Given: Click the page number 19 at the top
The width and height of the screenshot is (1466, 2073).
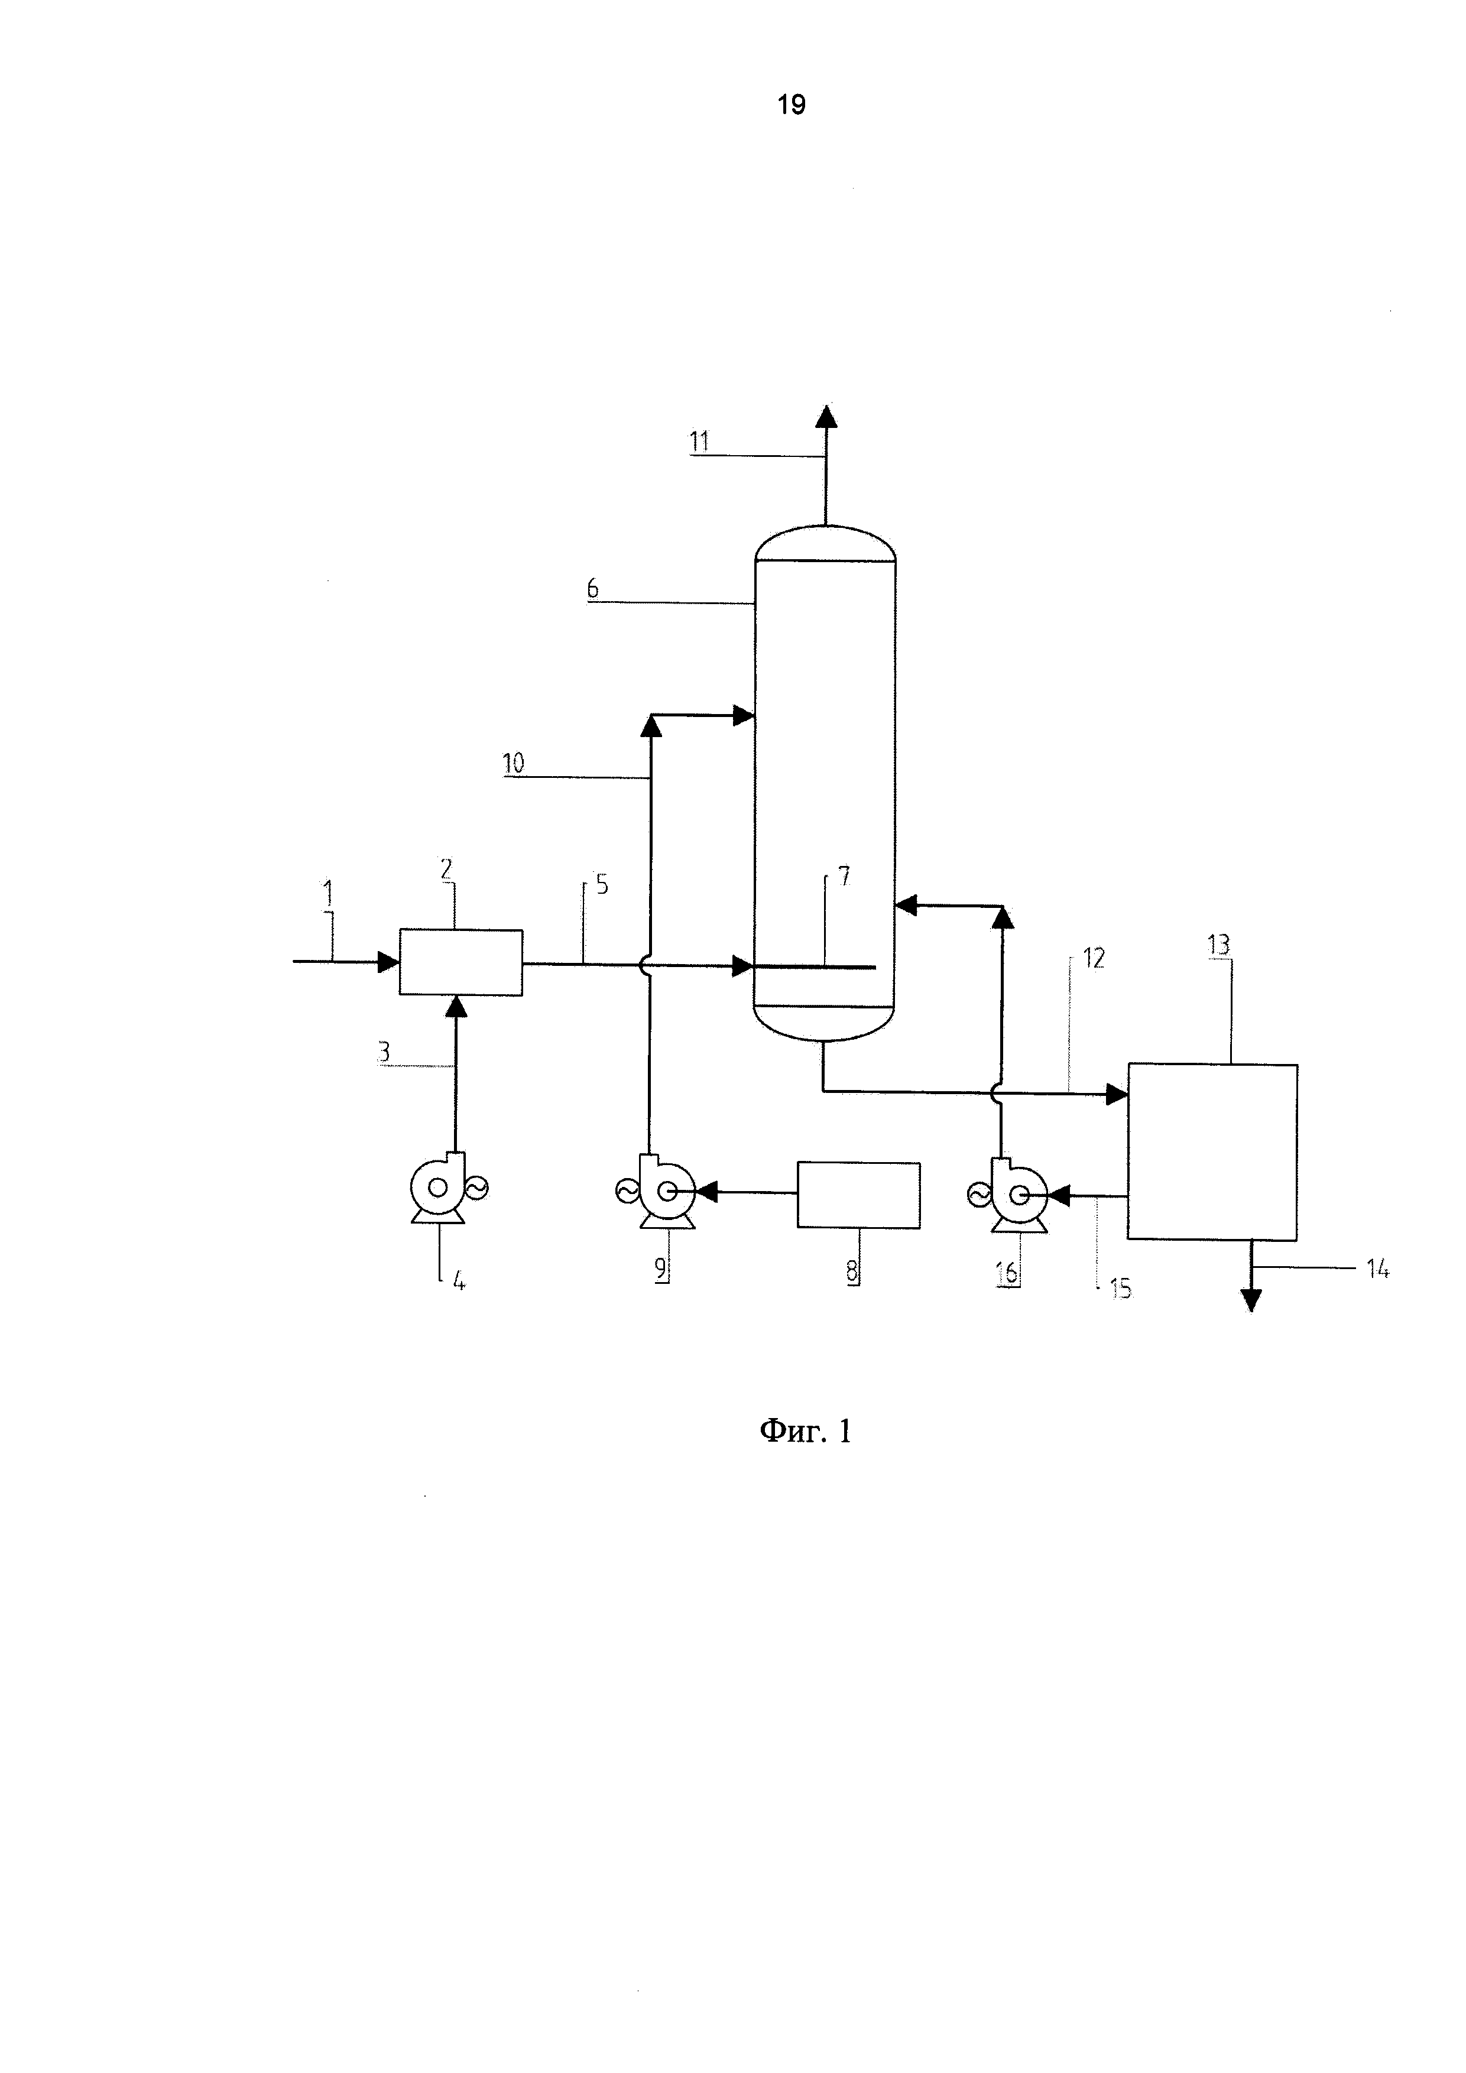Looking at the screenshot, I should click(791, 105).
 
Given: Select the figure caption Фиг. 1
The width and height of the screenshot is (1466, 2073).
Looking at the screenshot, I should click(805, 1430).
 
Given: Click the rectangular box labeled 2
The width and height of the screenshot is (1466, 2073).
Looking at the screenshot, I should click(460, 962).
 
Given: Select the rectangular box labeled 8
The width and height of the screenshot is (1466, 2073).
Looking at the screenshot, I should click(858, 1195).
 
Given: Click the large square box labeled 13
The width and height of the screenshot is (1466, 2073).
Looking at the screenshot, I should click(1212, 1152).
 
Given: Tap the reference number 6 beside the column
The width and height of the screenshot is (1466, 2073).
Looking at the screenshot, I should click(593, 589).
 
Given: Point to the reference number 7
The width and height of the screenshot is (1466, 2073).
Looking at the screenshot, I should click(844, 876).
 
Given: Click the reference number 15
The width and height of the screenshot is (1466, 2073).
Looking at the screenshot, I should click(1120, 1289).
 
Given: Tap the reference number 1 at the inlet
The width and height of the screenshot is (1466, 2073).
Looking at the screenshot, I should click(327, 894).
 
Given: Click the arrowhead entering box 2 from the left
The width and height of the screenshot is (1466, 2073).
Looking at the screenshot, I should click(389, 962).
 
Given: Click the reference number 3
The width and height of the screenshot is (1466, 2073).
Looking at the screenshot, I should click(384, 1052).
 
